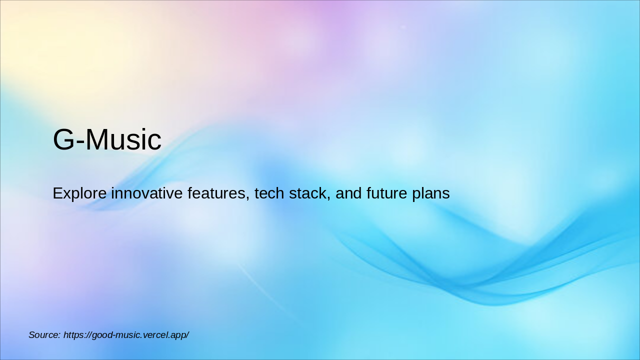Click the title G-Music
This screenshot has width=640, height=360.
click(x=107, y=139)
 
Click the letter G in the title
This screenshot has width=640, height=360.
click(x=63, y=139)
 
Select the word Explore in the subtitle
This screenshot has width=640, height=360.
click(x=79, y=193)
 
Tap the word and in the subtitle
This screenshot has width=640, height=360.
click(x=348, y=193)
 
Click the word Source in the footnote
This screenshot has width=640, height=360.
click(x=43, y=335)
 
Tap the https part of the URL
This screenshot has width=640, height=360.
click(x=74, y=335)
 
